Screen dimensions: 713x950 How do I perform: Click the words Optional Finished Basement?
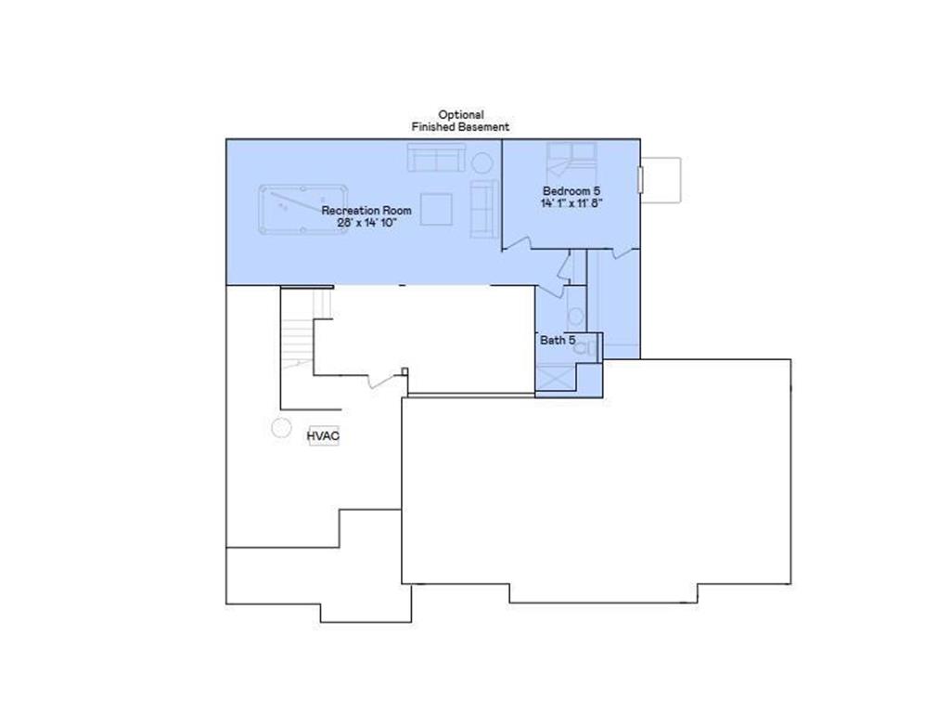[x=460, y=121]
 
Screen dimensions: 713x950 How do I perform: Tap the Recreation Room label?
[x=366, y=211]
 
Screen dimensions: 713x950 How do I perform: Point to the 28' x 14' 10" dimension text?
[x=366, y=224]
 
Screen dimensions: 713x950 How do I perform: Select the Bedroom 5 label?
[x=565, y=191]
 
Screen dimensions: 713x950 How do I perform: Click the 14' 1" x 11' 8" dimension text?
[x=572, y=202]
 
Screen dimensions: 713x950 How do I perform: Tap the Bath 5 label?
[x=558, y=341]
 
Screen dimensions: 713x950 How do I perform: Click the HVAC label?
[x=323, y=434]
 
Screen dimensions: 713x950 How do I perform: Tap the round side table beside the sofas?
[x=482, y=163]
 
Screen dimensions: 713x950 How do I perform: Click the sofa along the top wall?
[x=435, y=158]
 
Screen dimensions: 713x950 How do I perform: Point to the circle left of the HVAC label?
[x=279, y=428]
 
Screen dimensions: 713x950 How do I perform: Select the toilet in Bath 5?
[x=591, y=347]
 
